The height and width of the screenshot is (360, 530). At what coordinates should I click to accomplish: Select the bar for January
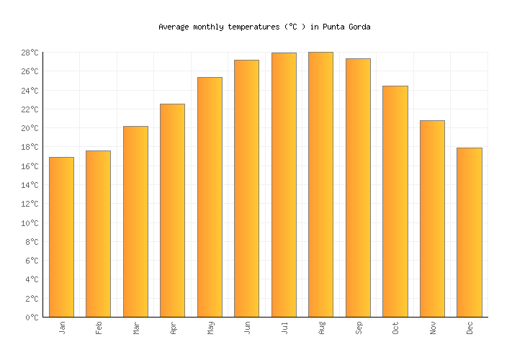click(x=61, y=237)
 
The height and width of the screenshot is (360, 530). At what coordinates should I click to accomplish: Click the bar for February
click(x=98, y=234)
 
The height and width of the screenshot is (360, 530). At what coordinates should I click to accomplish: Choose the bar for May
click(x=210, y=197)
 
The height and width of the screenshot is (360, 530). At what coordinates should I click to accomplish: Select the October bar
click(x=395, y=202)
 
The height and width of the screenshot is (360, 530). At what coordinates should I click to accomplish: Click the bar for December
click(x=469, y=233)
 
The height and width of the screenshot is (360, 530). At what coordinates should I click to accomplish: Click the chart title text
click(x=264, y=27)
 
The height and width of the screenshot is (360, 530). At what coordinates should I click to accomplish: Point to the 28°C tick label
click(x=30, y=53)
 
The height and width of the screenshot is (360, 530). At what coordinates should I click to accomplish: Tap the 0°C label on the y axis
click(x=32, y=318)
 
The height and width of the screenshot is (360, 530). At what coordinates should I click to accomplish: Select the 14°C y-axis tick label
click(x=30, y=185)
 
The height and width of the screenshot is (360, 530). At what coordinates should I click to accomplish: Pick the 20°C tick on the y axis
click(x=30, y=128)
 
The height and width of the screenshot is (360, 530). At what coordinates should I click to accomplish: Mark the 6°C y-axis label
click(x=32, y=261)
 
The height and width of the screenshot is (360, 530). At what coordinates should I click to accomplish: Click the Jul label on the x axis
click(x=284, y=328)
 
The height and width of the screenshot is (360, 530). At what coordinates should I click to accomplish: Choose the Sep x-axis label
click(x=359, y=328)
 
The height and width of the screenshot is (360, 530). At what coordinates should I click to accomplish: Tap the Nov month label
click(x=433, y=328)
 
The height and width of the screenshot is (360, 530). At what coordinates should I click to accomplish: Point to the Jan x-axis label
click(x=62, y=328)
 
